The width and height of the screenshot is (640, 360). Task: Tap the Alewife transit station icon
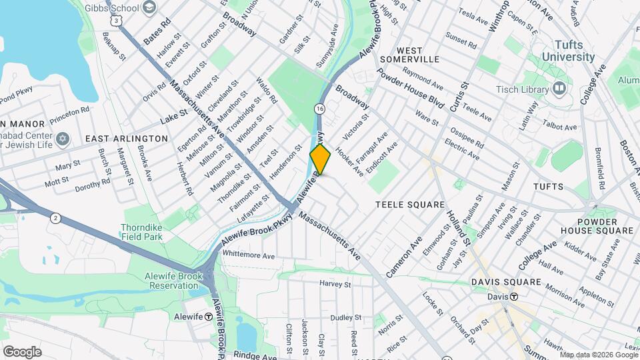(x=209, y=317)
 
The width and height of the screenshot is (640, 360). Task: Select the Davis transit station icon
(x=514, y=297)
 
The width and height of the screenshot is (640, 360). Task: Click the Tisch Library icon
(x=559, y=88)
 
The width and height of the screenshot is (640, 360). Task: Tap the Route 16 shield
(x=320, y=109)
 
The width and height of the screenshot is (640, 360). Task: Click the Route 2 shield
(x=55, y=217)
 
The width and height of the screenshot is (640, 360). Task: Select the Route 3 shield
(x=117, y=21)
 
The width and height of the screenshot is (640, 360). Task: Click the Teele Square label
(x=409, y=205)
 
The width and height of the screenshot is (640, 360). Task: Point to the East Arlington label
(x=127, y=138)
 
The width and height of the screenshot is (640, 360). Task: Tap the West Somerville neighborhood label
(x=409, y=55)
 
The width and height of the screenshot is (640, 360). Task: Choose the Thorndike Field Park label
(x=143, y=231)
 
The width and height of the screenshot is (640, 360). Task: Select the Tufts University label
(x=567, y=51)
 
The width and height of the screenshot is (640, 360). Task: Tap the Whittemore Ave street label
(x=249, y=255)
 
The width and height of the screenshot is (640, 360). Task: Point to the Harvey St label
(x=335, y=284)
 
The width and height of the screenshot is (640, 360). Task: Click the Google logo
(x=22, y=351)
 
